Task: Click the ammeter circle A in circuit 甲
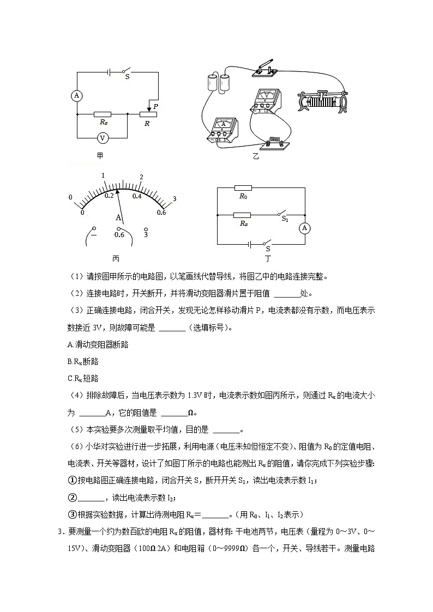[77, 95]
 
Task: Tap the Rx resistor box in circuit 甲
[102, 114]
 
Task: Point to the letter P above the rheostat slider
[155, 107]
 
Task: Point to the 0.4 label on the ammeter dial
[137, 196]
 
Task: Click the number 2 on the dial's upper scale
[141, 177]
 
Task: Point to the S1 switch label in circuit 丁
[285, 219]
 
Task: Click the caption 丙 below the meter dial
[116, 258]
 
